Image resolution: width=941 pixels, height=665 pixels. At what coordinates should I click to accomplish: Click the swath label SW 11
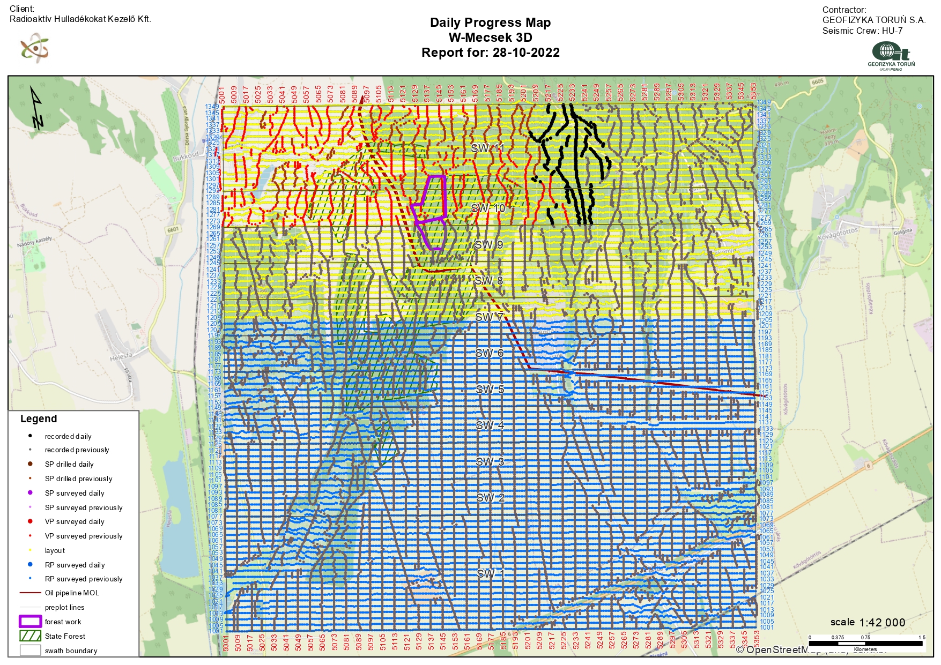(x=487, y=148)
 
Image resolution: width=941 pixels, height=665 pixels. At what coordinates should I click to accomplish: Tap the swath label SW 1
(x=491, y=573)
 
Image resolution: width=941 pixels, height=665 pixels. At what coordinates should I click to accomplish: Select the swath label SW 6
(x=489, y=353)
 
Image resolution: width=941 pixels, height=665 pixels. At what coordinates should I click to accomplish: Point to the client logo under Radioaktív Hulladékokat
(x=35, y=48)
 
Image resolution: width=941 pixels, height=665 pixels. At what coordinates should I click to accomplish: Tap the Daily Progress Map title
(x=490, y=23)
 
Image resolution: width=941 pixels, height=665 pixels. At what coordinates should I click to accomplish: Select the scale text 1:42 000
(x=882, y=623)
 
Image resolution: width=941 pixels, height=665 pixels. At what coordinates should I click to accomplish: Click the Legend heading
(x=39, y=419)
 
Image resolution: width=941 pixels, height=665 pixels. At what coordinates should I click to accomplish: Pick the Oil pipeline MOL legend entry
(x=72, y=593)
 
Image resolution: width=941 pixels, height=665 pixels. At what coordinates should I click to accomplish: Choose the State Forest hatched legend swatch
(x=30, y=636)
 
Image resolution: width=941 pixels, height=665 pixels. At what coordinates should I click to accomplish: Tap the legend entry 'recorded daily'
(x=68, y=436)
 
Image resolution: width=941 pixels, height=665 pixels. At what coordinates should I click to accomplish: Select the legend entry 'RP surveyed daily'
(x=75, y=565)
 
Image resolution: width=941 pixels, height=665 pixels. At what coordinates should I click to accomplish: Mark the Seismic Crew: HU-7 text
(x=862, y=31)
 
